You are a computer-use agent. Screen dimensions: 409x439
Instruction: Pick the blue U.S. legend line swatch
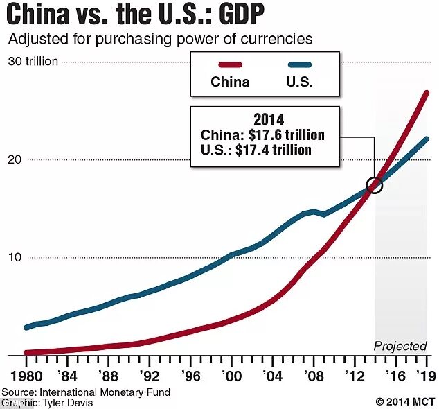pos(300,65)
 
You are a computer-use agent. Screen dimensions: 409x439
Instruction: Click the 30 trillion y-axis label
pos(33,62)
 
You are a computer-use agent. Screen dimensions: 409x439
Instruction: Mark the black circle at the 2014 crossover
pos(375,185)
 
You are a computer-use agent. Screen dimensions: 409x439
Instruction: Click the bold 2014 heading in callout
pos(265,119)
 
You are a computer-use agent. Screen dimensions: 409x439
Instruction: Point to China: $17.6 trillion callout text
pos(262,134)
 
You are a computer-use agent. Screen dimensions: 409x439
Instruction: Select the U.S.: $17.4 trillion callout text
pos(256,149)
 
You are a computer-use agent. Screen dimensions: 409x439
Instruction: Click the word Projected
pos(400,346)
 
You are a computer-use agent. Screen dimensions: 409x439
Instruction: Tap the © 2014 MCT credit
pos(405,401)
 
